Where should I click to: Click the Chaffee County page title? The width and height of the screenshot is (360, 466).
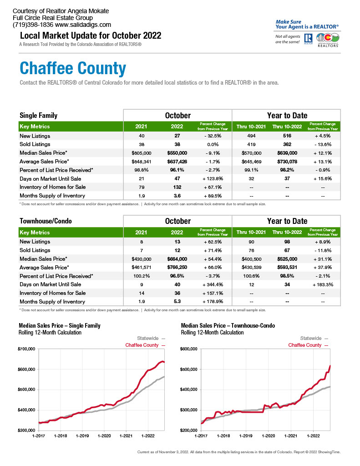73,69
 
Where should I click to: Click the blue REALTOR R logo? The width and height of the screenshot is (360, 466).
308,38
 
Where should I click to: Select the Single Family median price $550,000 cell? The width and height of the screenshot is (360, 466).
177,153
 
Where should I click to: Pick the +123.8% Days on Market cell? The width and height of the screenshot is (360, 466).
213,178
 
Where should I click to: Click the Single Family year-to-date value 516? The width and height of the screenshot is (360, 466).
287,136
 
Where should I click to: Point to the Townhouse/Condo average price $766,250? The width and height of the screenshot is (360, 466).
177,268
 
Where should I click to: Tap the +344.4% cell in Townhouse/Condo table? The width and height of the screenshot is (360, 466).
213,285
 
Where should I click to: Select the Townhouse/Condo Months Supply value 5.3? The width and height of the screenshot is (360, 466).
177,302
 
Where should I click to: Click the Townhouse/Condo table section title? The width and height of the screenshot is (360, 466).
46,221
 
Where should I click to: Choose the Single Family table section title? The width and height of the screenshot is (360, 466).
38,115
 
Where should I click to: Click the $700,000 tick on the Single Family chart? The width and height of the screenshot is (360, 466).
26,349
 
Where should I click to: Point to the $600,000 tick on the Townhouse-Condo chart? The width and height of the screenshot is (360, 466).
189,349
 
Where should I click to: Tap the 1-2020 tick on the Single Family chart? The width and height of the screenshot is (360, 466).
104,436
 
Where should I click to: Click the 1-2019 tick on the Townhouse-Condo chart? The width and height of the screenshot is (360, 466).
246,436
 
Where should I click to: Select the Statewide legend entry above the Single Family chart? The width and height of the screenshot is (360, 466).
151,338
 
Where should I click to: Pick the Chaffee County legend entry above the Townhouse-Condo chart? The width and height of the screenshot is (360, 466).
308,345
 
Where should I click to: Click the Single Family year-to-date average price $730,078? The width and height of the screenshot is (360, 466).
287,162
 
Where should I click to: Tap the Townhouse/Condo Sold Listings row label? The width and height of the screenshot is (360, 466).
35,250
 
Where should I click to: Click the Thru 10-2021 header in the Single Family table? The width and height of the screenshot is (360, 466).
251,127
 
